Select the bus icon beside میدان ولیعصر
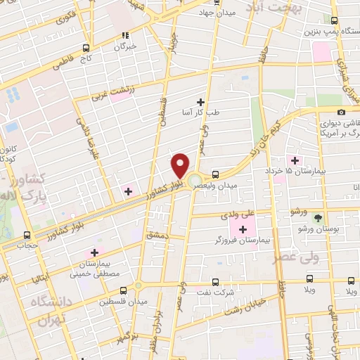(215, 174)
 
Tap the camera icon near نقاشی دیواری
(342, 112)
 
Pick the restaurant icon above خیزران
(126, 35)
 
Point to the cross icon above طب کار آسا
(200, 101)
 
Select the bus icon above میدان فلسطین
(124, 289)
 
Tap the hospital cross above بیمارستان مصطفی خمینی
(94, 252)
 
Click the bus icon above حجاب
(27, 235)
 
